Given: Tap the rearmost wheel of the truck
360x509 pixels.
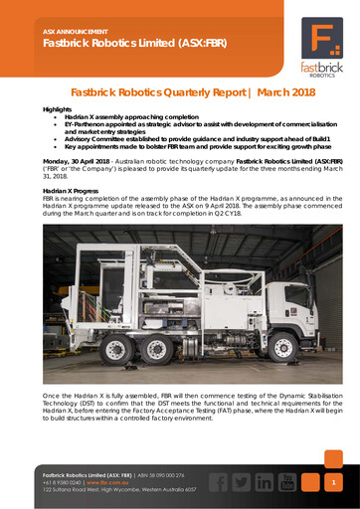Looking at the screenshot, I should pos(118,351).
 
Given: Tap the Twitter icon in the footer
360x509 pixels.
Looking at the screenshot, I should pos(239,482).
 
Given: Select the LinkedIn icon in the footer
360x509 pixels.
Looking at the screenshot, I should pos(264,482).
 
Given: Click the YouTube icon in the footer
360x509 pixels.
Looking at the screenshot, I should pos(288,482).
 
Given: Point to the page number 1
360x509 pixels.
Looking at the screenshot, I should pos(335,482).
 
